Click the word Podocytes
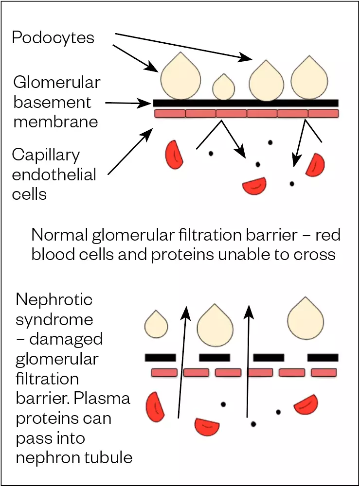(53, 38)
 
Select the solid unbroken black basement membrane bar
(246, 103)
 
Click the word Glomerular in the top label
(56, 83)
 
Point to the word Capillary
(46, 155)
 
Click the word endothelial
(54, 174)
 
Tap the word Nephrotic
(54, 299)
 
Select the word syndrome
(54, 319)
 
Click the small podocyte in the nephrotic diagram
(156, 325)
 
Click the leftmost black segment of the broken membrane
(161, 358)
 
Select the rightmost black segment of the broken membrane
(323, 358)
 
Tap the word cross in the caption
(313, 254)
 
